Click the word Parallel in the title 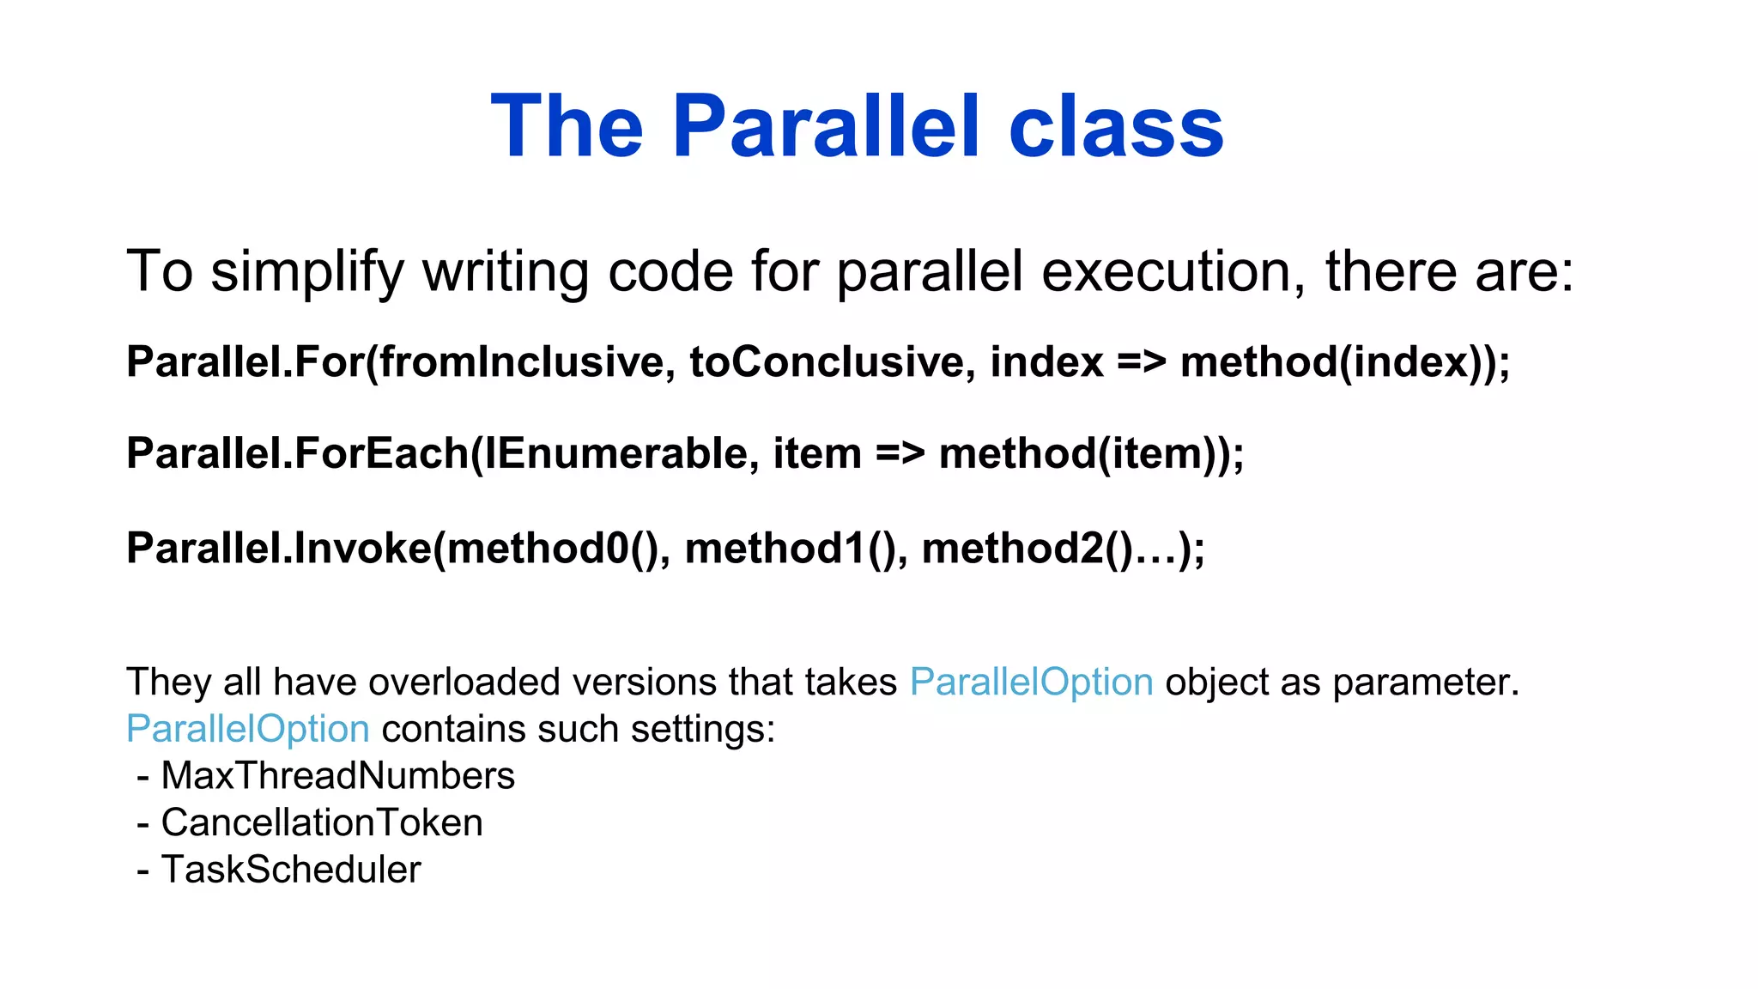[825, 127]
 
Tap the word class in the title [1116, 127]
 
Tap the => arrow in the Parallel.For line [1141, 361]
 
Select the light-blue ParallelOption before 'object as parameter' [1031, 683]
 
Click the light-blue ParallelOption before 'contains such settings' [248, 729]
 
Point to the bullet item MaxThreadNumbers [337, 776]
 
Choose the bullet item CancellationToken [322, 822]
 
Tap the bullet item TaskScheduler [291, 870]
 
